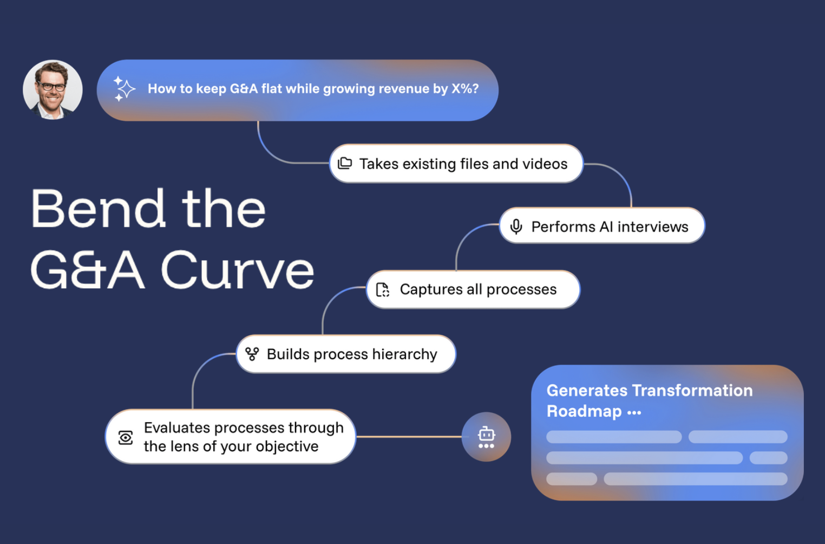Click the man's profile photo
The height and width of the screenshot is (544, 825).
53,89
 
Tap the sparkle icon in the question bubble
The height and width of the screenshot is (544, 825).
124,88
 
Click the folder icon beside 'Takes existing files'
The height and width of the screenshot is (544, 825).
345,163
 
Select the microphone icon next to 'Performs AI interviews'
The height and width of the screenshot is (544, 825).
516,226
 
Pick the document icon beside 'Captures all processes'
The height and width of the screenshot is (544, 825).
383,290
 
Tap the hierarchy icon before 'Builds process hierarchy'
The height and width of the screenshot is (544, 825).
252,354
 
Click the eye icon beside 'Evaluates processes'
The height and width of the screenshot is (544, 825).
126,437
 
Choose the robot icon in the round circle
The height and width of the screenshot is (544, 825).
486,437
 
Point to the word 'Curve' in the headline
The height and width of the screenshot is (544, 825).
238,270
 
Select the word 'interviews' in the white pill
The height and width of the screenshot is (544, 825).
653,226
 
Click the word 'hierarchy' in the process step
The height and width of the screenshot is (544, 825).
404,354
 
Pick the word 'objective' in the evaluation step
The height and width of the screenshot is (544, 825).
287,446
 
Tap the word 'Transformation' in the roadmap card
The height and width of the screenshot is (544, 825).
692,391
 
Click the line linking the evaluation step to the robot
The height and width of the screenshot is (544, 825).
409,437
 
